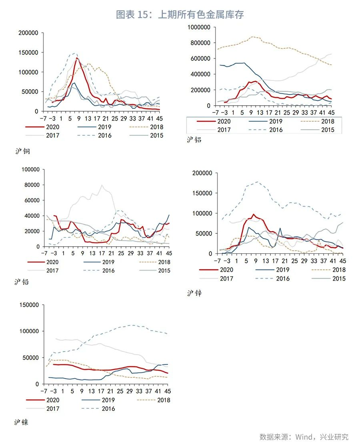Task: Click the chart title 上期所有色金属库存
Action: click(180, 15)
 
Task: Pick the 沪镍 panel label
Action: click(21, 422)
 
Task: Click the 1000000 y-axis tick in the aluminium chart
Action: click(199, 27)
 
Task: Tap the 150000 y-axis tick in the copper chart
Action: click(28, 52)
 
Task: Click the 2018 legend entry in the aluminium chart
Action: click(327, 121)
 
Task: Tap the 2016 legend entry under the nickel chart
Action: click(108, 409)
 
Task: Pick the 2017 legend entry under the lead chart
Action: click(52, 271)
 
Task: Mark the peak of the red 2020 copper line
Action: click(77, 58)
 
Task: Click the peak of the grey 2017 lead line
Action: click(102, 185)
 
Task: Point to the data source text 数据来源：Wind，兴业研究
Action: click(304, 436)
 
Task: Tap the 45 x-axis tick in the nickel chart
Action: click(167, 391)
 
